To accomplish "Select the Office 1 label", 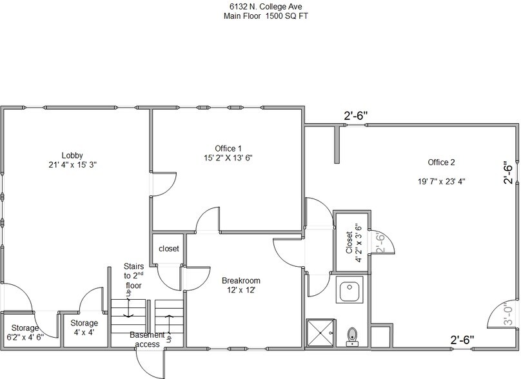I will click(228, 148).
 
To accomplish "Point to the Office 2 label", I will click(441, 162).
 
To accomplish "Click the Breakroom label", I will click(241, 281).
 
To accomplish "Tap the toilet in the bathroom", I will click(352, 336).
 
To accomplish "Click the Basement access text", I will click(148, 339).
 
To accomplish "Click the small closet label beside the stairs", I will click(168, 248).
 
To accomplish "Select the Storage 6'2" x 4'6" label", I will click(23, 332).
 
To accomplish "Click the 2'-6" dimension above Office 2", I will click(355, 116).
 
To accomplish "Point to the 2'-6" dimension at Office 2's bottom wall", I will click(462, 339).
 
